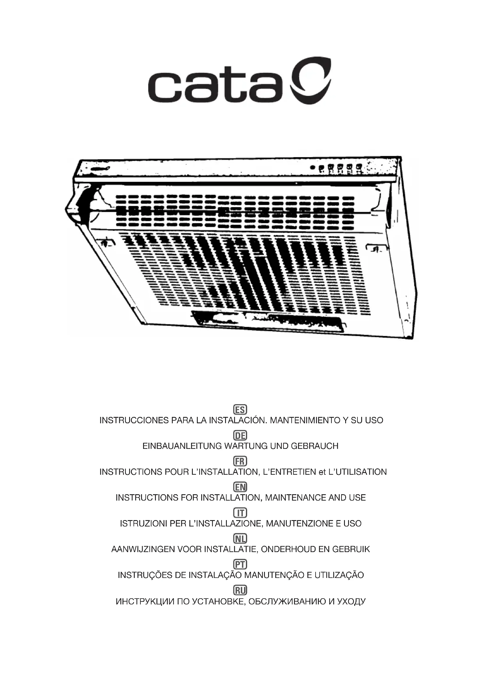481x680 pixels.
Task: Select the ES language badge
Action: click(240, 410)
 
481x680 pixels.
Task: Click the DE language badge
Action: click(240, 436)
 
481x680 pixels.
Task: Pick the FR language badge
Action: click(240, 461)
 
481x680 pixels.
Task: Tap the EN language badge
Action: click(240, 487)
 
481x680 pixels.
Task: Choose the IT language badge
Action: click(240, 513)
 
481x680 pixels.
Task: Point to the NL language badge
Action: click(240, 538)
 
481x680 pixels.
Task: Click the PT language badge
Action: click(240, 564)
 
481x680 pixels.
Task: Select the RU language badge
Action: click(240, 590)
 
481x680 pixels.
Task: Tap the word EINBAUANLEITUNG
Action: click(182, 446)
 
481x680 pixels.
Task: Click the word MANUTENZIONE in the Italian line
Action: click(299, 523)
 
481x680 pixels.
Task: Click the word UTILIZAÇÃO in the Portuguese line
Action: click(339, 575)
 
